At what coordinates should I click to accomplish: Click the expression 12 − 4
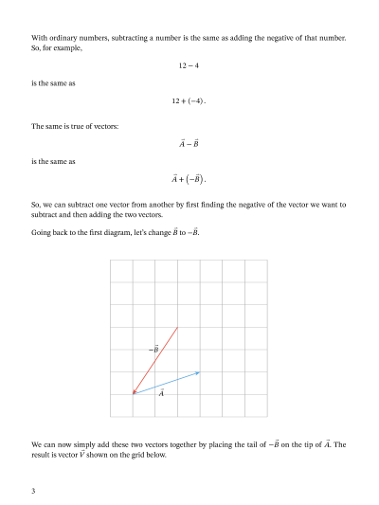[x=189, y=65]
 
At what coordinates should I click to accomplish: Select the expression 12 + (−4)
[x=189, y=101]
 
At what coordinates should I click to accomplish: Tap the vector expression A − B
[x=189, y=144]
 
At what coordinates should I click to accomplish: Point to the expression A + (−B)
[x=189, y=178]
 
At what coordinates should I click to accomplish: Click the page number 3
[x=33, y=491]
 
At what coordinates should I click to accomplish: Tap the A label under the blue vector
[x=162, y=392]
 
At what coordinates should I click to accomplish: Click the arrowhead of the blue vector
[x=198, y=372]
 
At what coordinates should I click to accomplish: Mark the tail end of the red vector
[x=178, y=327]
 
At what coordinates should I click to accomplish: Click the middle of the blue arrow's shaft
[x=167, y=382]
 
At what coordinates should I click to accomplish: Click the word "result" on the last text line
[x=43, y=455]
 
